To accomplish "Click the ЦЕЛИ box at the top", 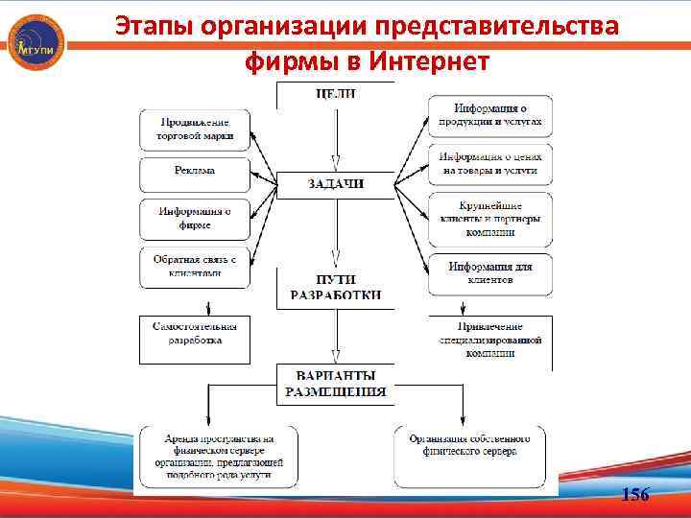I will click(335, 94).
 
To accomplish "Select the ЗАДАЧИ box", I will click(335, 183).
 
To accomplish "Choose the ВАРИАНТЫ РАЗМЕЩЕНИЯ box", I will click(335, 383).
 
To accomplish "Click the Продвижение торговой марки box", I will click(195, 129).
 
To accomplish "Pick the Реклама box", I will click(195, 172).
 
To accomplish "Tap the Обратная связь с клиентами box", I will click(195, 266).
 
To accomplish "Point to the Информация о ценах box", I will click(489, 163).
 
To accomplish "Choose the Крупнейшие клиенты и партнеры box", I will click(489, 219).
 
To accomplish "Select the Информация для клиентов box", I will click(489, 272).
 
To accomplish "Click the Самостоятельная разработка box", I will click(195, 333).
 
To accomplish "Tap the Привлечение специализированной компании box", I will click(489, 340).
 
